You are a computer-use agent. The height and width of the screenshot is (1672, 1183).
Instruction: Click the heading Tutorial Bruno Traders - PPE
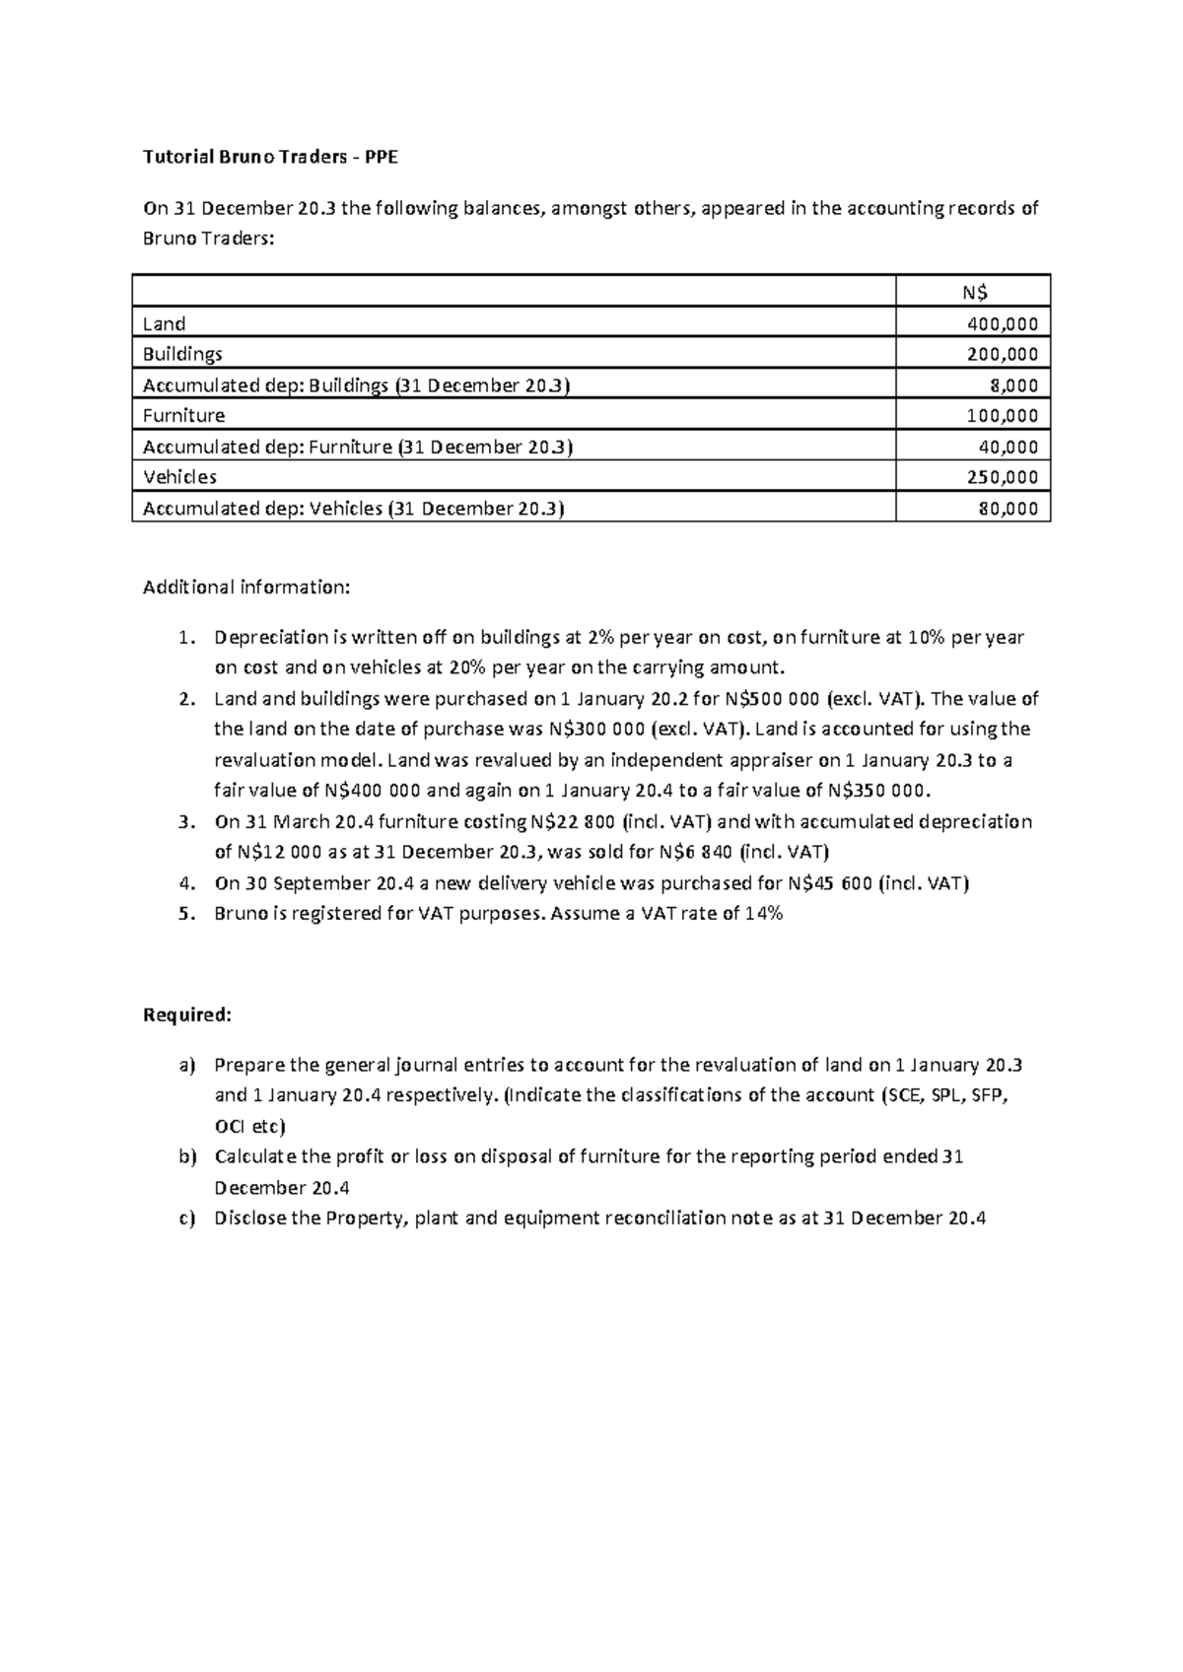(x=271, y=157)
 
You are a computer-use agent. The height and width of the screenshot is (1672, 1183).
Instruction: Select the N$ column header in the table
(x=974, y=292)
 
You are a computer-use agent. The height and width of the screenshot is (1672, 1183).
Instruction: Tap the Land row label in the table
(x=164, y=323)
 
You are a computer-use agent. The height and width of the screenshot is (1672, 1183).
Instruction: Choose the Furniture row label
(x=183, y=415)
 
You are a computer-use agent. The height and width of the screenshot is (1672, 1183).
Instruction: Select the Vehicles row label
(x=179, y=477)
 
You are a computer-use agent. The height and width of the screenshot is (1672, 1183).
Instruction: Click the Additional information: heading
(x=246, y=588)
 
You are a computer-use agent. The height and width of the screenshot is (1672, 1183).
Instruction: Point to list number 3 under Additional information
(x=185, y=821)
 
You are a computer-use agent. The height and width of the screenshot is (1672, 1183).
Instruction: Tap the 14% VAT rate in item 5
(x=763, y=914)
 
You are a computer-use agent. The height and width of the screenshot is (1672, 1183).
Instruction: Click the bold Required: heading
(x=187, y=1014)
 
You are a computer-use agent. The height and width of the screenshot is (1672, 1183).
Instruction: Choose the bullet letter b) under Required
(x=187, y=1156)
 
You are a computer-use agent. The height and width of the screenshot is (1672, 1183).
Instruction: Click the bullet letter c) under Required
(x=186, y=1219)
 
